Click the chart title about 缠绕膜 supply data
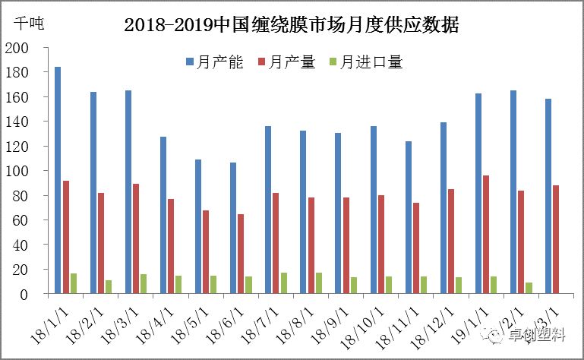(292, 24)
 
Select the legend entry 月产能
(214, 62)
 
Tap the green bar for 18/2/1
(109, 286)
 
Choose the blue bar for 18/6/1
(233, 228)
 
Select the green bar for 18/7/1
(284, 283)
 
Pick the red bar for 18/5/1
(206, 251)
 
